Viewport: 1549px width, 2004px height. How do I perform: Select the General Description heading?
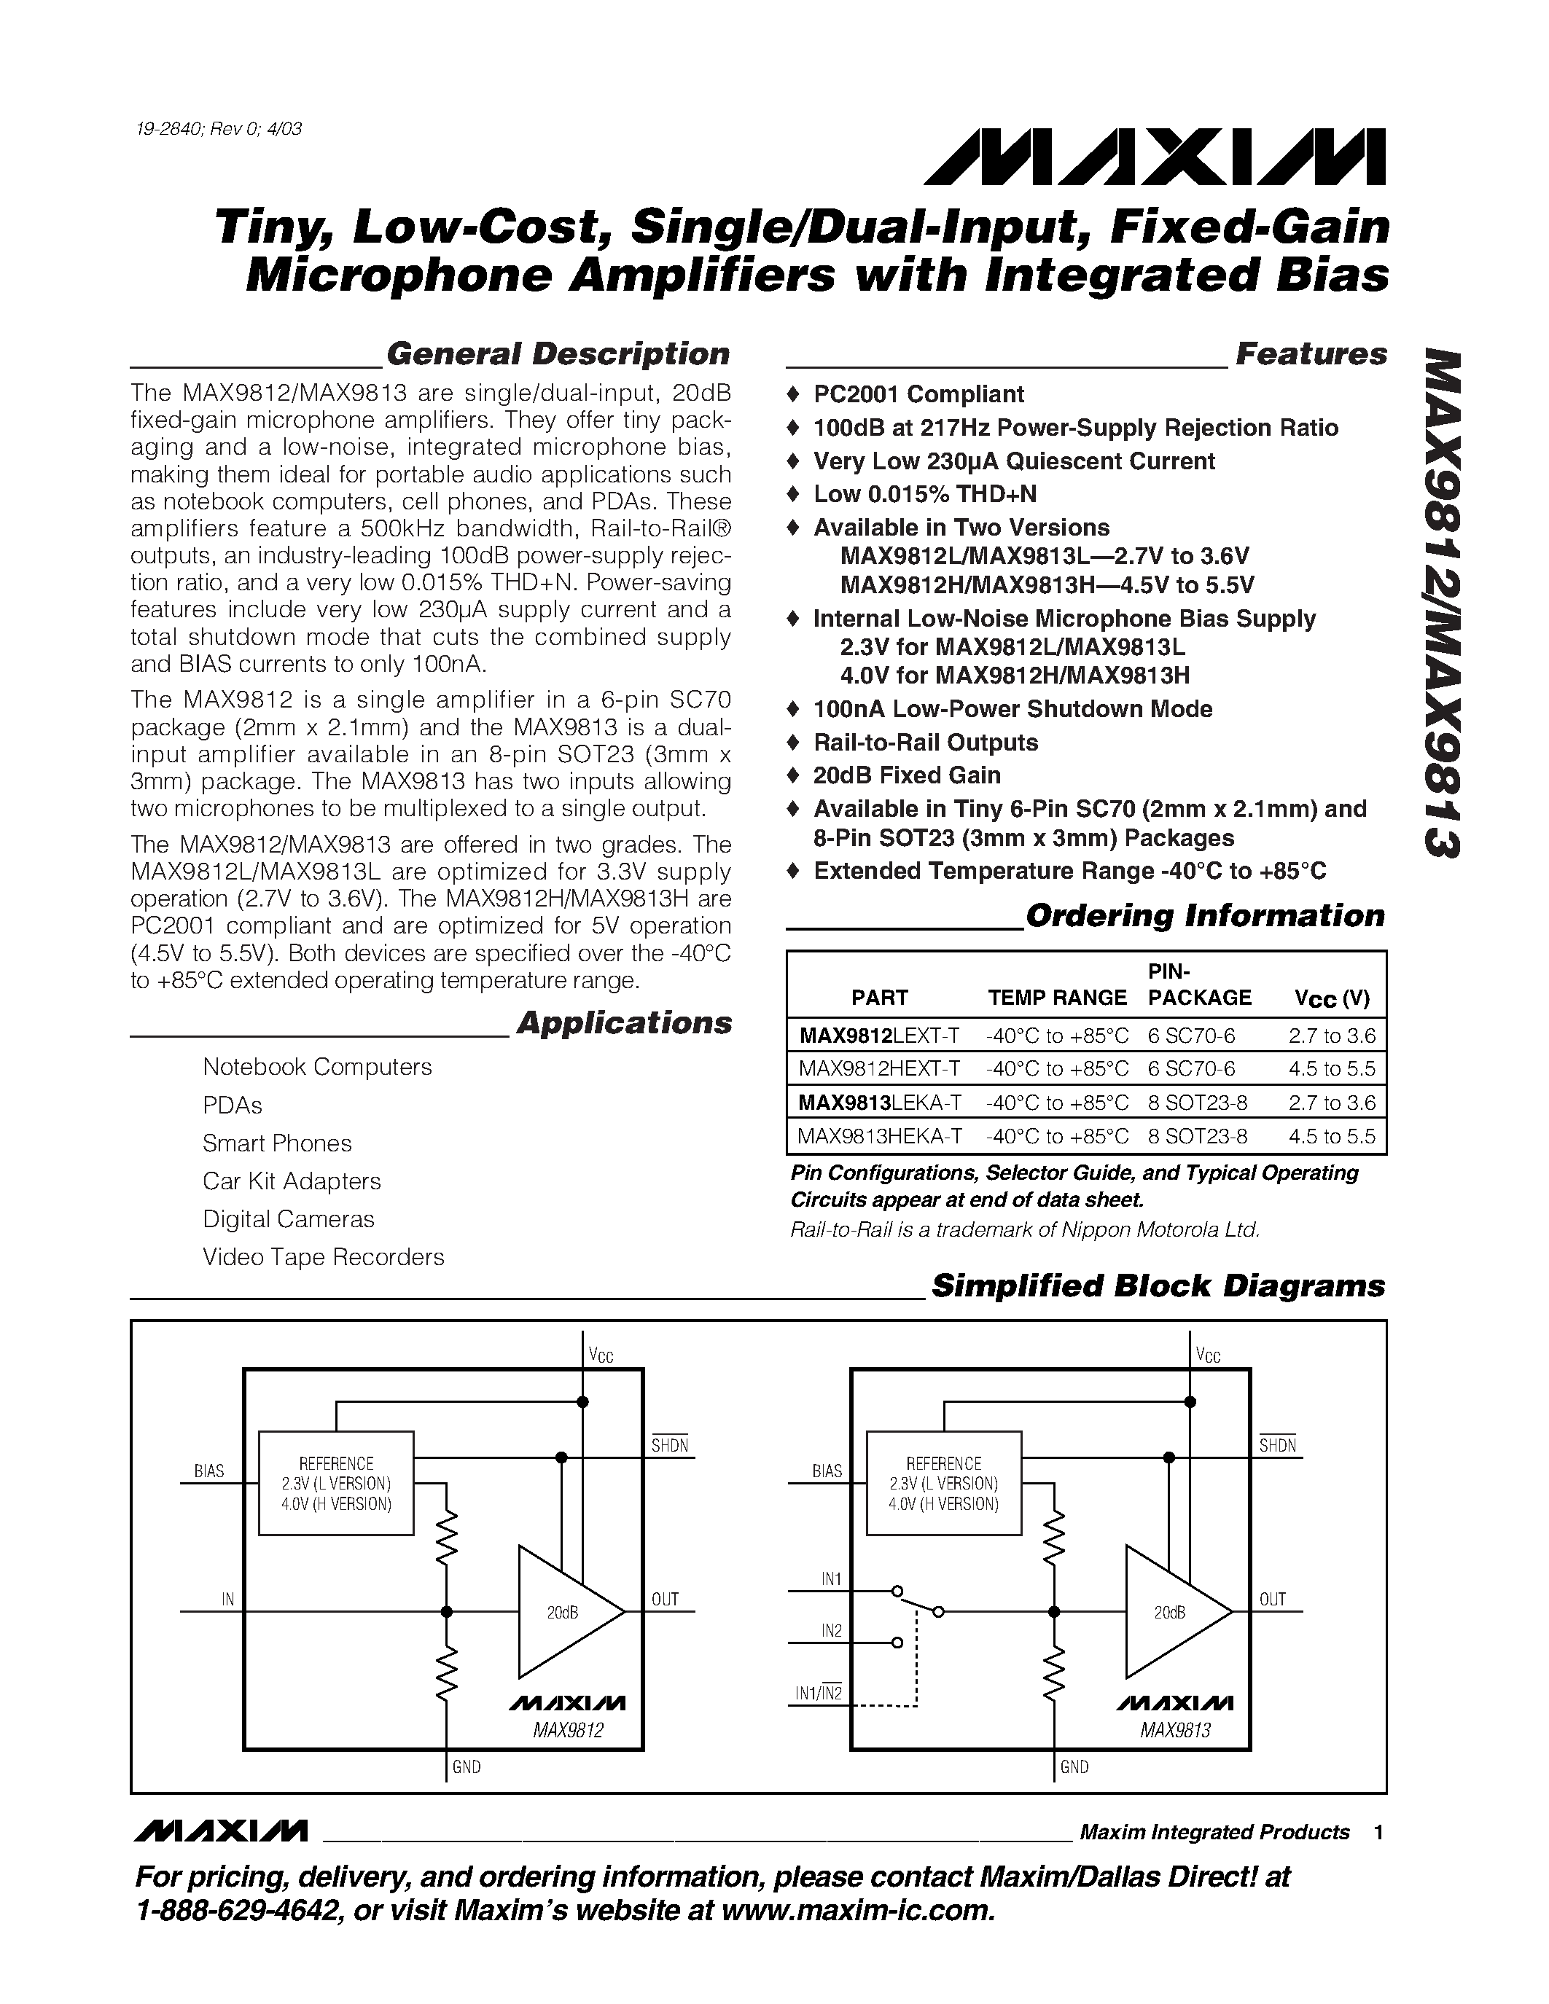[557, 354]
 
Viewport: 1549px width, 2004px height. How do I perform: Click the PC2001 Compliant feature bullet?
[918, 394]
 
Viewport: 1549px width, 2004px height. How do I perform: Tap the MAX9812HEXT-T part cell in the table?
[879, 1068]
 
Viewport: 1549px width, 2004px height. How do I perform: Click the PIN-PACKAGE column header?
[1198, 985]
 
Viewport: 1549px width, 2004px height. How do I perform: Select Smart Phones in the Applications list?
[277, 1143]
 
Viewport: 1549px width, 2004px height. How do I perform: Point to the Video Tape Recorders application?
[323, 1257]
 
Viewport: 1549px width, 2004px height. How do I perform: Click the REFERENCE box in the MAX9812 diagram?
[336, 1483]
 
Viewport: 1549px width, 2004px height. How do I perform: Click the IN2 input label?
[832, 1631]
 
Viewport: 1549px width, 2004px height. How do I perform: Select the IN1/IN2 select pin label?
[819, 1693]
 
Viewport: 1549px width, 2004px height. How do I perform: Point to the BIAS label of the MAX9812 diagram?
[209, 1471]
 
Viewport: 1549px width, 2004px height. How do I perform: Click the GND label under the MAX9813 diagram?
[1074, 1767]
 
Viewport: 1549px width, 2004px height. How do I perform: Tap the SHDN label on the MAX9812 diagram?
[670, 1446]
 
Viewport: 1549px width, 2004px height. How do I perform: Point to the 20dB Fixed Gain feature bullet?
[906, 775]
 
